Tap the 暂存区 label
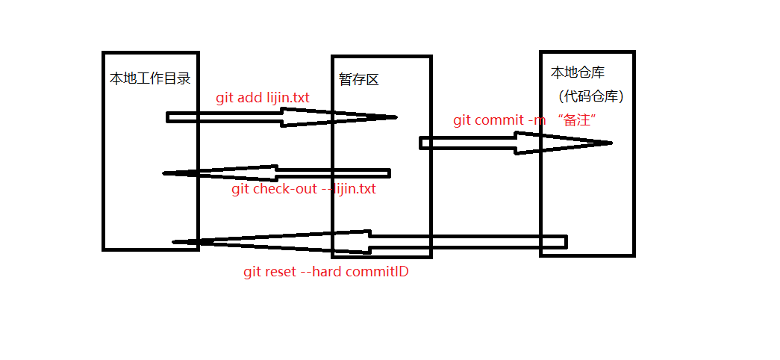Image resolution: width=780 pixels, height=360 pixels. point(358,80)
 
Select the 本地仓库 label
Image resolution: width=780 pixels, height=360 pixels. point(577,72)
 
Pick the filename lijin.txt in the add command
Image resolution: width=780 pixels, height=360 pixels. point(287,98)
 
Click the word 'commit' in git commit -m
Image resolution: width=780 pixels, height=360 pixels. point(499,120)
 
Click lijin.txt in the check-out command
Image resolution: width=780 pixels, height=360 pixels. point(355,189)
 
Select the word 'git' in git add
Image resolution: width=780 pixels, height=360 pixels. point(224,98)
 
